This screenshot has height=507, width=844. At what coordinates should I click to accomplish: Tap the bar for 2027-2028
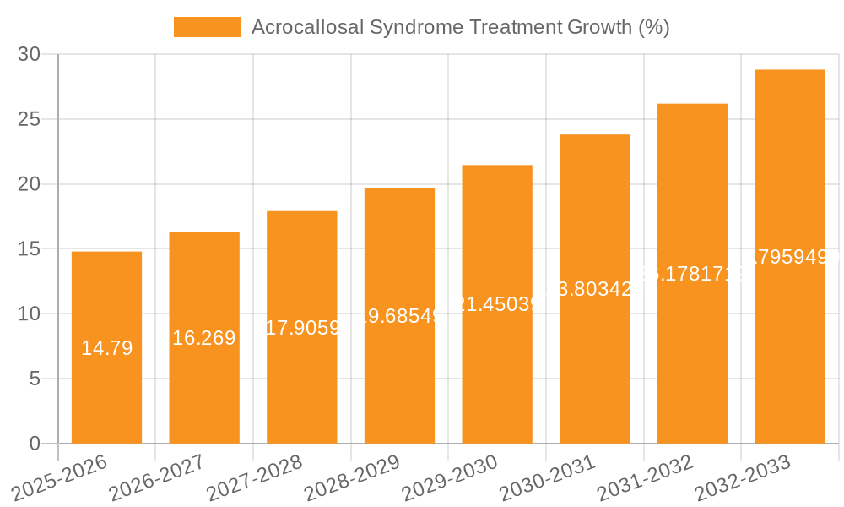click(x=301, y=380)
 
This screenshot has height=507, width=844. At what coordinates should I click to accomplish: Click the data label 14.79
click(x=106, y=348)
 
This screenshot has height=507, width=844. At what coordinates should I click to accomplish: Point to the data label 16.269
click(x=204, y=338)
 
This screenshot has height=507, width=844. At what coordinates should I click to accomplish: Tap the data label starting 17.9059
click(x=302, y=327)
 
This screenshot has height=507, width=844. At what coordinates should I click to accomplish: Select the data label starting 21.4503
click(x=497, y=304)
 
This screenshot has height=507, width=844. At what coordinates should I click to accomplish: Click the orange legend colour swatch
click(x=207, y=27)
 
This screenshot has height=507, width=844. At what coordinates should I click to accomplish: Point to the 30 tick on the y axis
click(x=29, y=54)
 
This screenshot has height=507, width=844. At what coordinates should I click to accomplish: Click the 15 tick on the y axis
click(x=29, y=249)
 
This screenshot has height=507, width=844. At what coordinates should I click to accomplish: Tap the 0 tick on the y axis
click(x=35, y=444)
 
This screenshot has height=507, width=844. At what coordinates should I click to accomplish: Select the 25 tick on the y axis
click(x=29, y=119)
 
